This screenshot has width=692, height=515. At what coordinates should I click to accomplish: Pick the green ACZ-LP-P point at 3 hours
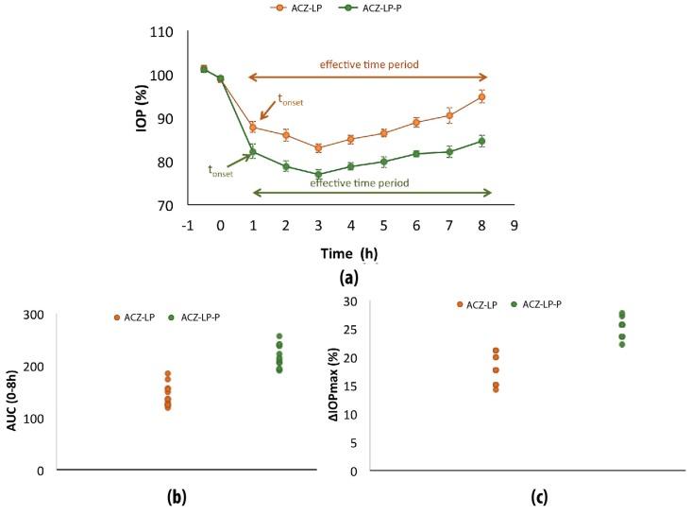[318, 175]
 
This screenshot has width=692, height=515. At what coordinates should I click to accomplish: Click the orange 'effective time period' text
[368, 64]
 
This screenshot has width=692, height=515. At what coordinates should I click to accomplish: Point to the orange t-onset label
[291, 98]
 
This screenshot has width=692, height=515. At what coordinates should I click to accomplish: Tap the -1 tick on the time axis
[188, 227]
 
